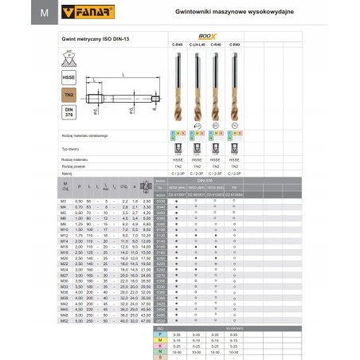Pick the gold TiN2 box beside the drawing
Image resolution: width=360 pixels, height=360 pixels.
coord(68,94)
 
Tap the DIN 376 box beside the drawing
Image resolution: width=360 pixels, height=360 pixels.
coord(68,112)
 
